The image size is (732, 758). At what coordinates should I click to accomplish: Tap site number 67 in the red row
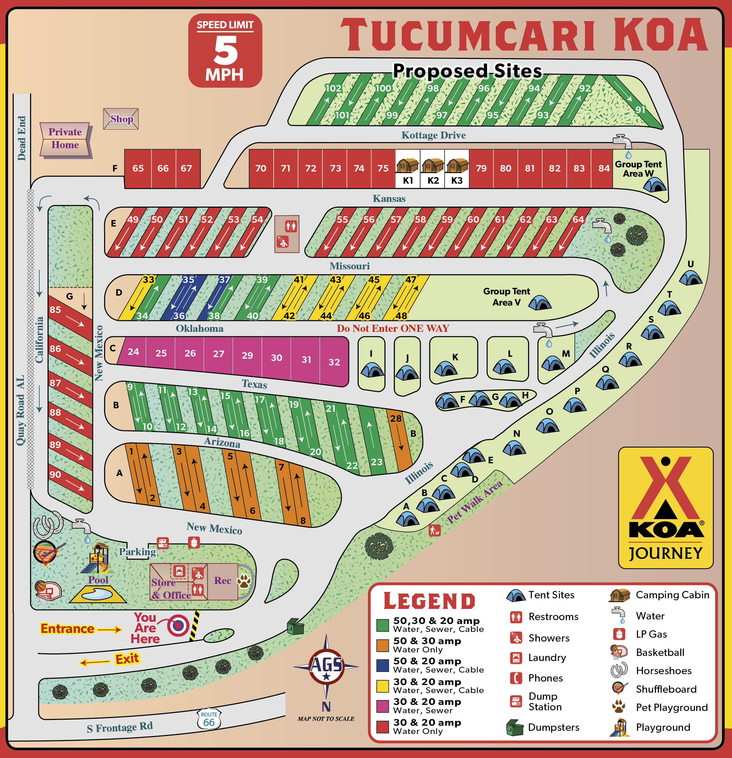(x=186, y=168)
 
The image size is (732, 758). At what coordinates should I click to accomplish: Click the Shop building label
(x=121, y=119)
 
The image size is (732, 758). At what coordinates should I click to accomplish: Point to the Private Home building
(x=65, y=139)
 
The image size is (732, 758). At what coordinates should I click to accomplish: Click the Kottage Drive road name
(x=433, y=135)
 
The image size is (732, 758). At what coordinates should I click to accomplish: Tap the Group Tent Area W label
(x=638, y=169)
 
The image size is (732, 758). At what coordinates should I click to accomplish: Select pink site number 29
(x=247, y=355)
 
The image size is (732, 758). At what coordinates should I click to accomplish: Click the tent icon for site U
(x=690, y=278)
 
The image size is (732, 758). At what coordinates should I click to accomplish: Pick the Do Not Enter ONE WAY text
(x=393, y=328)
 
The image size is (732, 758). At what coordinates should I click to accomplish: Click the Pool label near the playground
(x=98, y=580)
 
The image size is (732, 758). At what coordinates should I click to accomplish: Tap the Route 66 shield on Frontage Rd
(x=209, y=719)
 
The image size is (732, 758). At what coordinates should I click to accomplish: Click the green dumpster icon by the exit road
(x=295, y=626)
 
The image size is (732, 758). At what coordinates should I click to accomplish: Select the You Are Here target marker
(x=178, y=626)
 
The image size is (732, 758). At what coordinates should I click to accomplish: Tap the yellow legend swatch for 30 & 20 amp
(x=382, y=686)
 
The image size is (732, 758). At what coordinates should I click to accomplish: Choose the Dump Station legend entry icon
(x=516, y=701)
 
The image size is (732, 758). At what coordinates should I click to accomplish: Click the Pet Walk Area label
(x=475, y=502)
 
